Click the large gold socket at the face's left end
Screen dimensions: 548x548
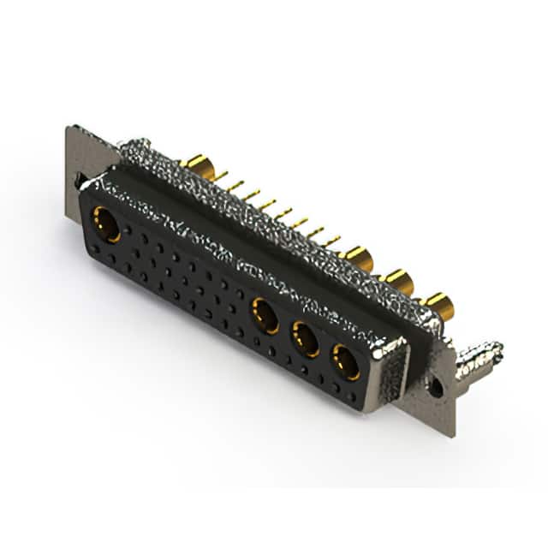pos(107,224)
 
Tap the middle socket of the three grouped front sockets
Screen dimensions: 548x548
pos(306,340)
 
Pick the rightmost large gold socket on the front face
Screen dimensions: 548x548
pos(346,361)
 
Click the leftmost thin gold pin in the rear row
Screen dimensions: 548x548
pos(221,176)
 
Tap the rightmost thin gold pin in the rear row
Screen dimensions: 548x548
pos(331,241)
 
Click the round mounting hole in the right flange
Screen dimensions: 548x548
pos(436,387)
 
